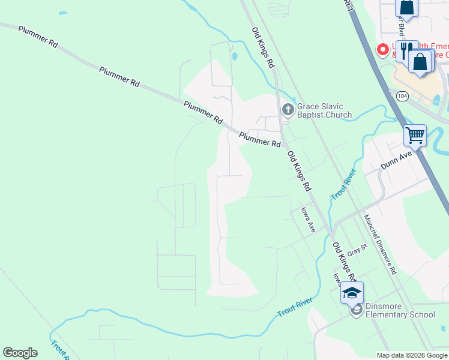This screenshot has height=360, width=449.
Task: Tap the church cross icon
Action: coord(288,110)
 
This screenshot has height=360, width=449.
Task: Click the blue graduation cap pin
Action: coord(352,293)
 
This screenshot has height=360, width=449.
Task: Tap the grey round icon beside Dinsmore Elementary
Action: coord(356,310)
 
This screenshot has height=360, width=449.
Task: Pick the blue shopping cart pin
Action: coord(415,136)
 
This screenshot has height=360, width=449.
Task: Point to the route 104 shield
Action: coord(402,95)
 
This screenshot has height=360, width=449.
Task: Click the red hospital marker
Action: coord(381,50)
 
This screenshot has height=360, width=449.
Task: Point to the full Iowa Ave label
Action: coord(308,220)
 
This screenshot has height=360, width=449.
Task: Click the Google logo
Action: coord(20,353)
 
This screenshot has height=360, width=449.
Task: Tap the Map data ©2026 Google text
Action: coord(411,355)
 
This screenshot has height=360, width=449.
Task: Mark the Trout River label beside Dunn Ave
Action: coord(343,184)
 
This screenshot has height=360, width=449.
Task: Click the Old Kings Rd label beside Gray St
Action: coord(345,261)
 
